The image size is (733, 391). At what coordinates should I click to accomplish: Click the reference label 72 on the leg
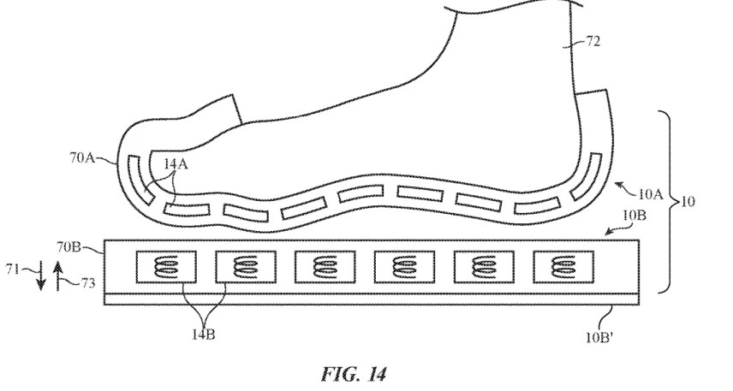593,43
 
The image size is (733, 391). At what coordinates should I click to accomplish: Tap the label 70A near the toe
82,158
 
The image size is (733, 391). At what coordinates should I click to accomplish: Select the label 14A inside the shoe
176,164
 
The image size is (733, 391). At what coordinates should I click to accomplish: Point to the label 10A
650,194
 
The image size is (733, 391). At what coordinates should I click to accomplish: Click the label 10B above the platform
635,216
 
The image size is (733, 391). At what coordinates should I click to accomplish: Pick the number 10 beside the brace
688,202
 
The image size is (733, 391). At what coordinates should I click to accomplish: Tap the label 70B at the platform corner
69,246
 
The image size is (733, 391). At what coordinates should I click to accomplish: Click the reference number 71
13,270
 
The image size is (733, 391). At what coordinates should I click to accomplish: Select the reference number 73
87,283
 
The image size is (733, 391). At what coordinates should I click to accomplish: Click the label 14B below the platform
204,335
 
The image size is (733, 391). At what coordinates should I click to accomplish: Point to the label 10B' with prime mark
599,338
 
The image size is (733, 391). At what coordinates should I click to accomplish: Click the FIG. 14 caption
354,375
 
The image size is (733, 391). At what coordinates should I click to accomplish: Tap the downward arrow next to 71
41,276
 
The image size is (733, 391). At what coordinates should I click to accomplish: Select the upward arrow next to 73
57,276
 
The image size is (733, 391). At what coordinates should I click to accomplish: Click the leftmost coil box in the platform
166,267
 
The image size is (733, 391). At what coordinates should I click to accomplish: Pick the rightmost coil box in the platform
563,267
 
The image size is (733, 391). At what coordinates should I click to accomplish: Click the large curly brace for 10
670,202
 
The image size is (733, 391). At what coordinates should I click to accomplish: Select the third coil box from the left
325,267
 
